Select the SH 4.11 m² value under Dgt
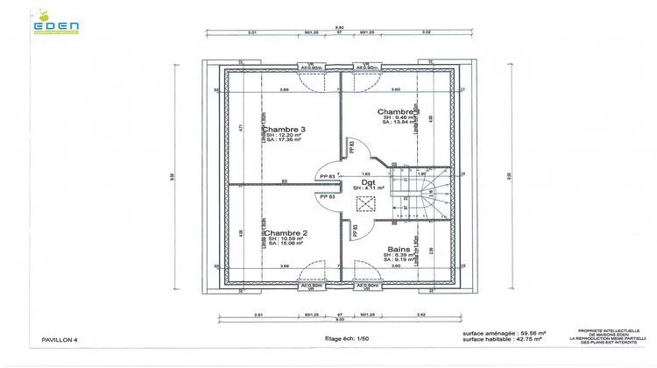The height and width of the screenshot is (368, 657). (369, 188)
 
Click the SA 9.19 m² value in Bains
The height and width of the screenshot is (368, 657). (404, 259)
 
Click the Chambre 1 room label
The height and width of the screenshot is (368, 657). (399, 112)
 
